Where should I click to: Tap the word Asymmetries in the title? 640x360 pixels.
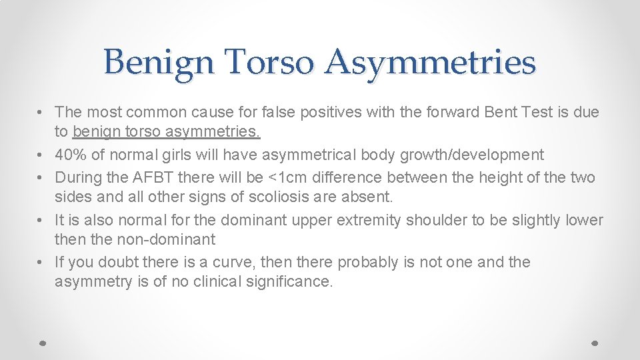point(431,63)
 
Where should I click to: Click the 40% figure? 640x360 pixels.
point(71,155)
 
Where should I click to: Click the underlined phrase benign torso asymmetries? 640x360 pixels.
point(167,133)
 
